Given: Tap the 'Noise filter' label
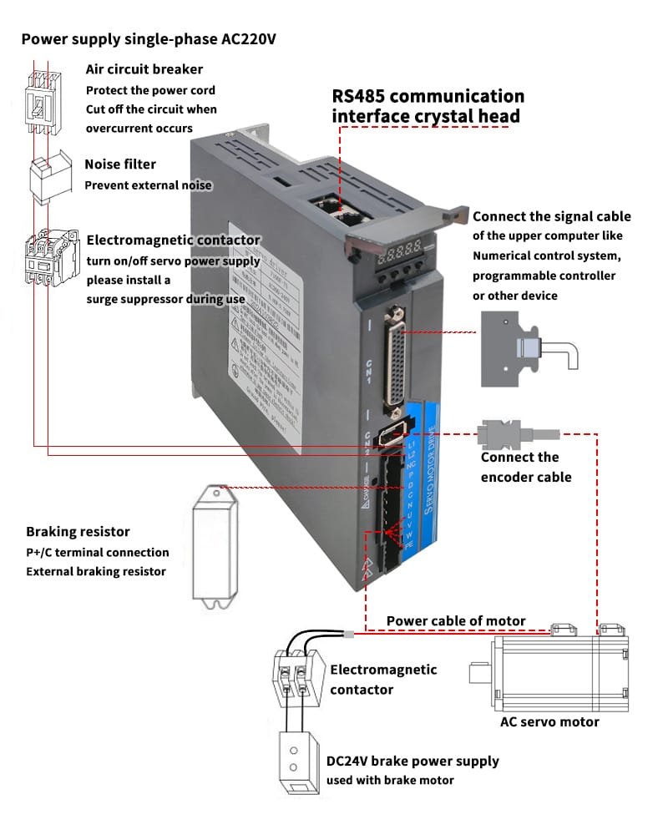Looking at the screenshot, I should [120, 164].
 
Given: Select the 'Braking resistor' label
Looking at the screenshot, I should [78, 532].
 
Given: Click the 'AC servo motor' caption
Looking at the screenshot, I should [549, 721].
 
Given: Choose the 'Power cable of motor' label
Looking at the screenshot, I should [456, 620].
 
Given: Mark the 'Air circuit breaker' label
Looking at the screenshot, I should [144, 69].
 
